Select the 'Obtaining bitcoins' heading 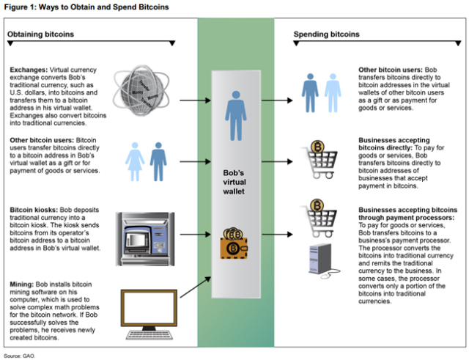[40, 34]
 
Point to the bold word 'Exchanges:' [27, 71]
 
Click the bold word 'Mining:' [22, 282]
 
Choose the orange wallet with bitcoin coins [234, 245]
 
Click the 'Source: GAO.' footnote [19, 356]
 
